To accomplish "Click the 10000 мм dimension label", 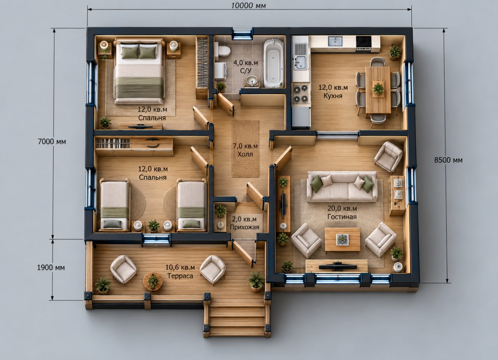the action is (x=249, y=5).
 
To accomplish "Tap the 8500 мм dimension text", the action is (x=448, y=160).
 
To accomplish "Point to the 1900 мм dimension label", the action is (x=51, y=267).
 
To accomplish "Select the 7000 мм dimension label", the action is (x=52, y=141).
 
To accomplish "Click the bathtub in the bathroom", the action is (x=274, y=63).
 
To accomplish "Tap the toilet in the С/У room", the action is (x=222, y=51).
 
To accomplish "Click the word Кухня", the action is (x=333, y=96).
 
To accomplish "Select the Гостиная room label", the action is (x=342, y=216).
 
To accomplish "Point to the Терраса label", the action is (x=180, y=276).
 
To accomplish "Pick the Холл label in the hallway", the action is (x=245, y=154).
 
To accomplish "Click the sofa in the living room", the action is (x=342, y=186).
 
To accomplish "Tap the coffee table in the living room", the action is (x=342, y=240).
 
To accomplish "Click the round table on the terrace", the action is (x=153, y=281).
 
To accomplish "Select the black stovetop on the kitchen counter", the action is (x=363, y=42).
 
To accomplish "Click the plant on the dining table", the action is (x=378, y=88).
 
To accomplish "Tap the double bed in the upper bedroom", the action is (x=139, y=72).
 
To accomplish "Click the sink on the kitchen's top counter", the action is (x=335, y=41).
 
